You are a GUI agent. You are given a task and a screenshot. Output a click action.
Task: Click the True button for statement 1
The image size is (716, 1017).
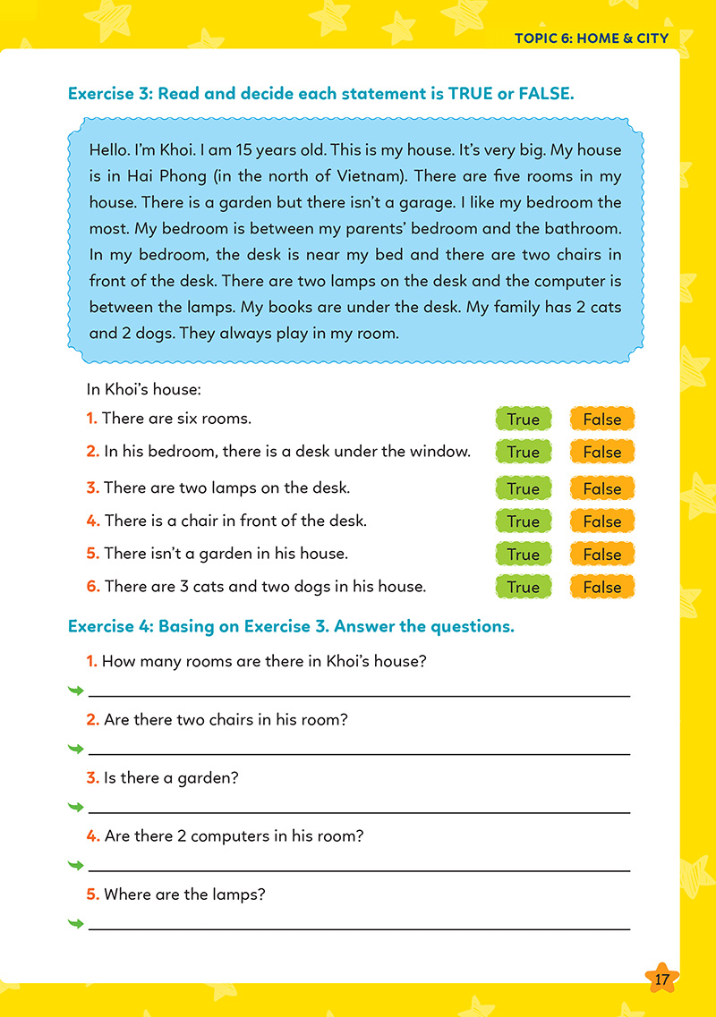click(x=523, y=419)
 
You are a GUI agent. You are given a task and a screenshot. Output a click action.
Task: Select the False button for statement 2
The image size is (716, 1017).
click(x=601, y=452)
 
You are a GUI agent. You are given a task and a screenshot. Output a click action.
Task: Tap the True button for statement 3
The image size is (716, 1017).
click(x=523, y=488)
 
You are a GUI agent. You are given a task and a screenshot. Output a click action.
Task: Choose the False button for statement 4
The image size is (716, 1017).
click(x=601, y=521)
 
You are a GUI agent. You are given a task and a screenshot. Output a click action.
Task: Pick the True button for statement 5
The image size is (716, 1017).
click(x=523, y=555)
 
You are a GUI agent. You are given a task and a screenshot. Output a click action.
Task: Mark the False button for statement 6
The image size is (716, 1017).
click(x=601, y=588)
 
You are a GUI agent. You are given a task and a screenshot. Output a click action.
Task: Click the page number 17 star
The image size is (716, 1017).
click(x=661, y=979)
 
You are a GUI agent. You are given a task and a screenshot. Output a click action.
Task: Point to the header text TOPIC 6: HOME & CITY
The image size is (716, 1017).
click(x=592, y=38)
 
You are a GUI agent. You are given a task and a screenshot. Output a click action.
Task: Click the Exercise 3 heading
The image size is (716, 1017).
click(x=320, y=93)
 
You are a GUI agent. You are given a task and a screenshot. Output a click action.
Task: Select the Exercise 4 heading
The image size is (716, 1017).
click(x=292, y=626)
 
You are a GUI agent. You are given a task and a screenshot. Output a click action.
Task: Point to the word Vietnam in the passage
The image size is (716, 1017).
click(x=365, y=176)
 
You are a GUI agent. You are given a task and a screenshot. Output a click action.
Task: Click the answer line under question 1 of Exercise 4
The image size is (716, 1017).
click(x=358, y=694)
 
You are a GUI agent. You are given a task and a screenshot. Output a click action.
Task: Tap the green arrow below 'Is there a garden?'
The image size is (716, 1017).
click(x=76, y=808)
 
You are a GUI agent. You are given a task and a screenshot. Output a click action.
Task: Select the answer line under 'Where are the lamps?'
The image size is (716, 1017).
click(x=358, y=928)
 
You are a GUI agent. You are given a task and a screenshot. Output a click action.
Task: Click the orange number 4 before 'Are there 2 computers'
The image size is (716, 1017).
click(x=93, y=836)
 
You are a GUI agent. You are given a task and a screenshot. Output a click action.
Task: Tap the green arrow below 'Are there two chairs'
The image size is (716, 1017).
click(x=76, y=750)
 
